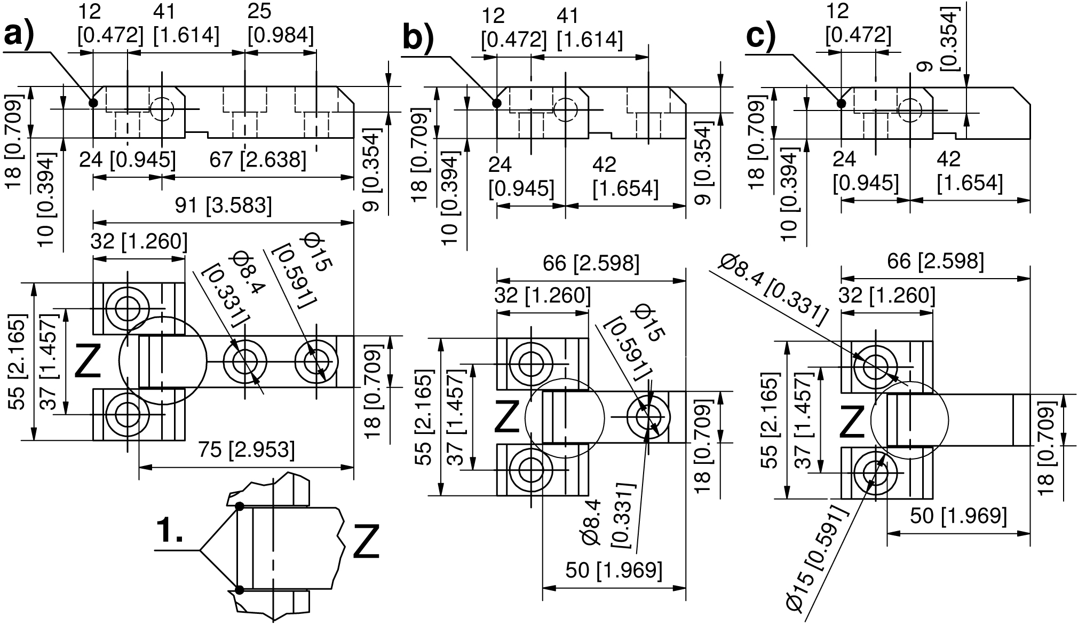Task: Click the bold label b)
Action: pos(418,38)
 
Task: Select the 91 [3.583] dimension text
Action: pos(224,206)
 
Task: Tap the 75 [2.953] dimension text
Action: pos(247,450)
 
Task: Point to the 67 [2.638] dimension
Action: pos(258,160)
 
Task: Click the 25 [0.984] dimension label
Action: pos(280,24)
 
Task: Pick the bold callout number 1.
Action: pos(170,532)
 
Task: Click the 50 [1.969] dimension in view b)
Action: pos(614,570)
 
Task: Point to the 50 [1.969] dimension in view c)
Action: pos(958,516)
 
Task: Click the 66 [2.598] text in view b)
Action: pos(591,264)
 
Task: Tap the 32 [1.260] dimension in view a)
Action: pos(139,242)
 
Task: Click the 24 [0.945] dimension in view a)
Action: pos(127,160)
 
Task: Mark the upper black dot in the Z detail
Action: pos(240,506)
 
